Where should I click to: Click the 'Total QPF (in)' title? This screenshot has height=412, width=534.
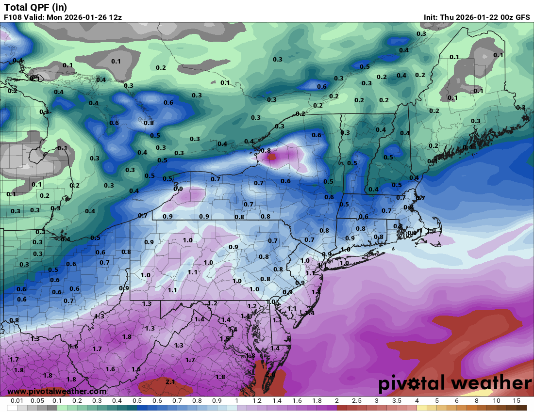35,7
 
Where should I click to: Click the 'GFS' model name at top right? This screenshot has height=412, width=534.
522,17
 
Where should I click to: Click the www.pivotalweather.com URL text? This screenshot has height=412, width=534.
57,391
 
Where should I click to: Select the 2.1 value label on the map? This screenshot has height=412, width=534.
170,382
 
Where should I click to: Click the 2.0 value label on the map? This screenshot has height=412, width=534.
270,374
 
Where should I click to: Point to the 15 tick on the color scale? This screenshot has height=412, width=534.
517,401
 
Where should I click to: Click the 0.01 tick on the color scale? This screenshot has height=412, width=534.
17,401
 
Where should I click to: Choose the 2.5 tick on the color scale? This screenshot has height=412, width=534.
357,401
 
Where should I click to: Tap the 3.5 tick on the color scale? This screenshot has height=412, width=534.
397,401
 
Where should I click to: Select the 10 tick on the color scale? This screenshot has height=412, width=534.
497,401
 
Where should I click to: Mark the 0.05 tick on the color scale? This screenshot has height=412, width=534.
37,401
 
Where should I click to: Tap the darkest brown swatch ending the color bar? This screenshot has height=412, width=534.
521,408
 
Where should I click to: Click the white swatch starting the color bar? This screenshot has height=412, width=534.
12,408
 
